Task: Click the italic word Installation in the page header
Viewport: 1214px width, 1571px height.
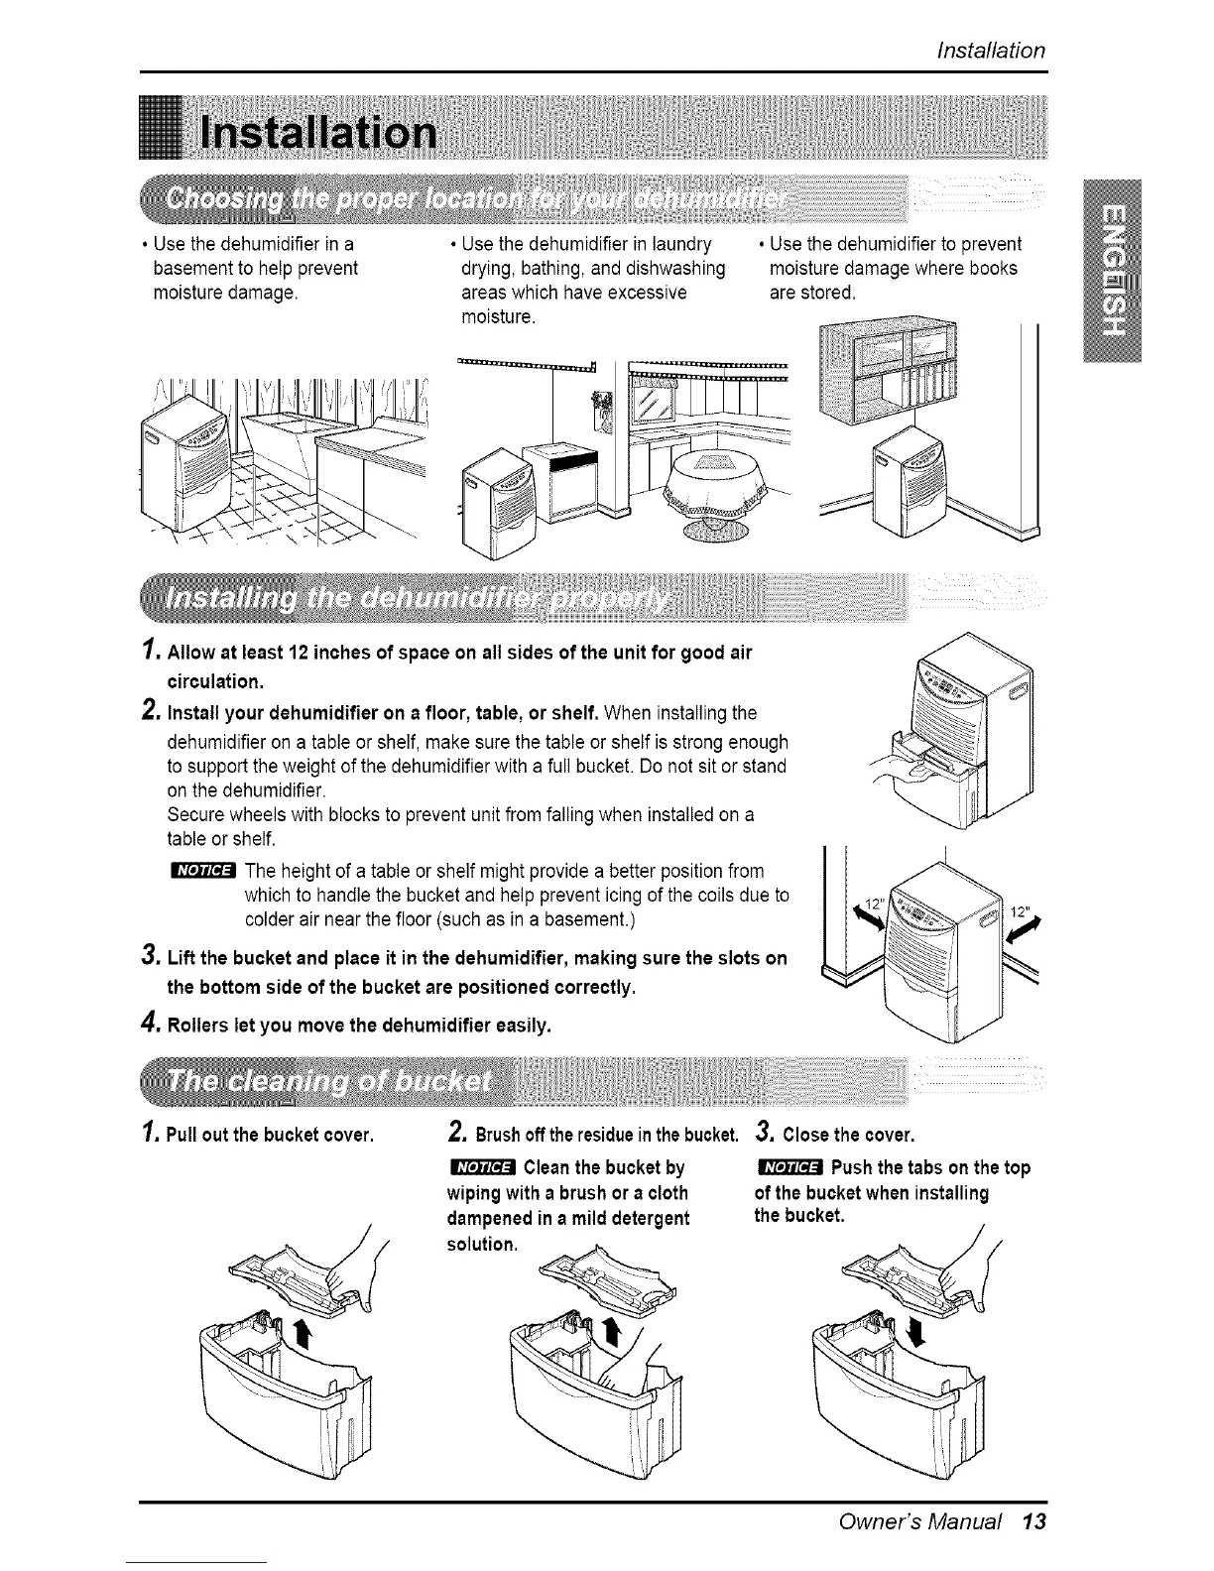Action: (991, 51)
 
